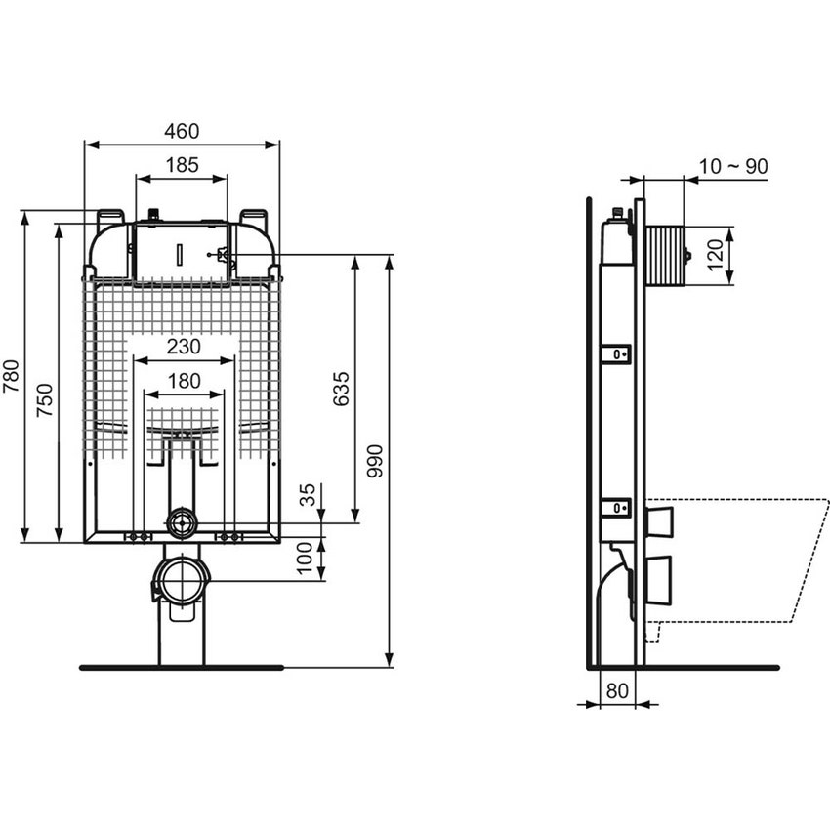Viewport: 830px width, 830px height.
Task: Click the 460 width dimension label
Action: (182, 131)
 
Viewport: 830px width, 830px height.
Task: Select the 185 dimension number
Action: (182, 165)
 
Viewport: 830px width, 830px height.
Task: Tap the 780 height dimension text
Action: (11, 376)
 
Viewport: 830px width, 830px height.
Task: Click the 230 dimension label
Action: (183, 346)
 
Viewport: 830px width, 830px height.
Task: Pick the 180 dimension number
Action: (183, 381)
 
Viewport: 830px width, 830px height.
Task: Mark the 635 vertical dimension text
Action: (341, 389)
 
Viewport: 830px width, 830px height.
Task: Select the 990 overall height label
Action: (376, 460)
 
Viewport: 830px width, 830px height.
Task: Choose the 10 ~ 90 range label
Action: (733, 166)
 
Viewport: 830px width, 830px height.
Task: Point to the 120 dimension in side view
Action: (716, 254)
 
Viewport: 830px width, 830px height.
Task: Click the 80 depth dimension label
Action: (616, 689)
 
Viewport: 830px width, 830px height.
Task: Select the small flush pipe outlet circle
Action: (182, 523)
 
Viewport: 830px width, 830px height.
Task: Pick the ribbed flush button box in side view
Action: (664, 254)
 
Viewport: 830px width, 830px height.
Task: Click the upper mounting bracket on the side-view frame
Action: (616, 353)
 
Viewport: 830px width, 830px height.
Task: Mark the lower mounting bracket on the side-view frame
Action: (616, 507)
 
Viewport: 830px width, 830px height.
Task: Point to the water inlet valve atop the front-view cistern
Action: (153, 214)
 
